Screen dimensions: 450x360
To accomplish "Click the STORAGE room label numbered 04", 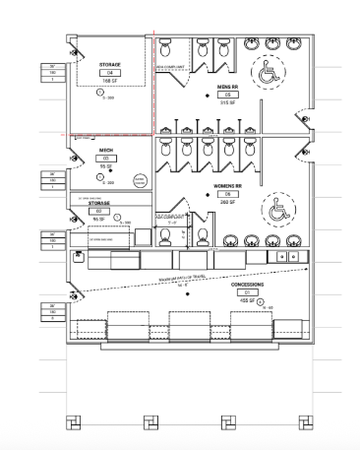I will click(x=109, y=66).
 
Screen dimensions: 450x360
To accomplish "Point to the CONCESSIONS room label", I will click(x=249, y=285).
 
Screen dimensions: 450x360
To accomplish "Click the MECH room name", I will click(x=105, y=151).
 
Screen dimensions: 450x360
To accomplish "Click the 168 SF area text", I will click(x=109, y=82).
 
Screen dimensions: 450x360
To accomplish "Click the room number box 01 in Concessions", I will click(x=249, y=292).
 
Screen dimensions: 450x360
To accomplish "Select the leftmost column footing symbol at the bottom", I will click(x=72, y=422).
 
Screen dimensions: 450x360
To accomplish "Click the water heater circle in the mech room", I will click(x=139, y=180).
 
